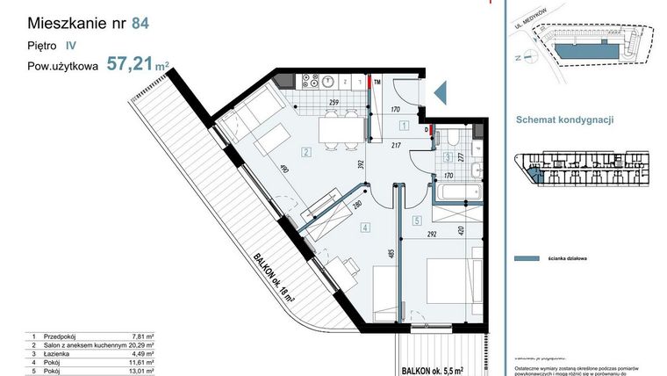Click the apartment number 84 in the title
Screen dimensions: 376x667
point(140,24)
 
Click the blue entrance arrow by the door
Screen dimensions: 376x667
point(441,90)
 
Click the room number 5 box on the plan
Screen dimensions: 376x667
point(417,220)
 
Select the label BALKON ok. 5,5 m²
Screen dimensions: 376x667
point(441,369)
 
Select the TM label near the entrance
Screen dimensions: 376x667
point(377,83)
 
